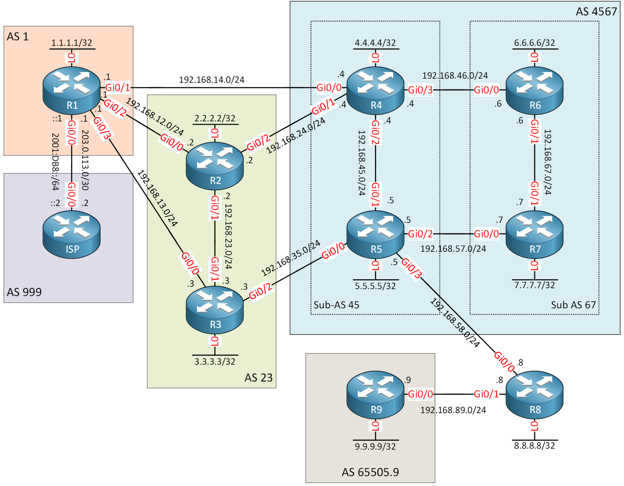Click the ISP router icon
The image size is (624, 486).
tap(71, 235)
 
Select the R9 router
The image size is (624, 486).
tap(375, 395)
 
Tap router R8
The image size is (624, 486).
tap(534, 395)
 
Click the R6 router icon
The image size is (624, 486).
tap(534, 90)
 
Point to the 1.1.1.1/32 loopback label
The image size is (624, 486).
tap(72, 43)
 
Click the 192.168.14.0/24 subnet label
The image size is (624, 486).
tap(211, 80)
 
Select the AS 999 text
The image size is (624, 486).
tap(24, 292)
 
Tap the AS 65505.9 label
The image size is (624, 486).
tap(370, 472)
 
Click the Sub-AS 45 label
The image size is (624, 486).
tap(336, 305)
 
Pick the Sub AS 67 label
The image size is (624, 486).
tap(573, 305)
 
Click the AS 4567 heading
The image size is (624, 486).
tap(596, 12)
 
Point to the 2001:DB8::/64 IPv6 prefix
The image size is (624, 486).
tap(55, 162)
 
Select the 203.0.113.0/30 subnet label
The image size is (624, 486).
tap(85, 160)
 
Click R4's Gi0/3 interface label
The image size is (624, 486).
tap(420, 90)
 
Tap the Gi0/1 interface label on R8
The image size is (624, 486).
tap(486, 394)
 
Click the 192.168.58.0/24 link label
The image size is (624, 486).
tap(455, 323)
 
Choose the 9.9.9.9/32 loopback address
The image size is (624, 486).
tap(375, 447)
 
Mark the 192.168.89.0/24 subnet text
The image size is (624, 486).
tap(453, 410)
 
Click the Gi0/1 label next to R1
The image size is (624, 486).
tap(118, 88)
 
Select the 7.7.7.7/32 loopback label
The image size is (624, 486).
tap(534, 285)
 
